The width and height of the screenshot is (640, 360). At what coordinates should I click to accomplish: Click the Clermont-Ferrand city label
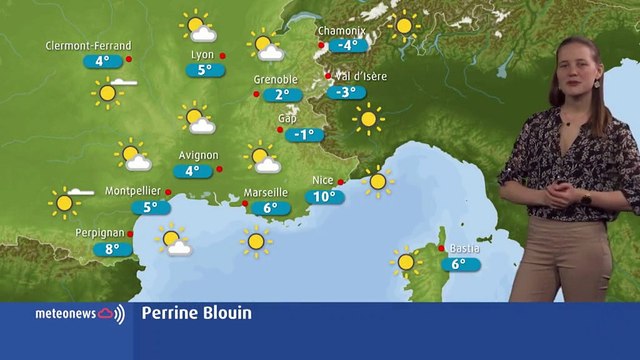coord(89,46)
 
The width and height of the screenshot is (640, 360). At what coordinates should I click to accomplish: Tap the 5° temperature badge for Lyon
coord(205,70)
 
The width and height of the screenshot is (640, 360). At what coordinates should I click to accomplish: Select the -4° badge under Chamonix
coord(348,45)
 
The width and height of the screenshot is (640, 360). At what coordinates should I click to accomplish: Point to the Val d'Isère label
coord(361,76)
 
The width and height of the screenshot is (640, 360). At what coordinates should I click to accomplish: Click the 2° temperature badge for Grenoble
coord(282,95)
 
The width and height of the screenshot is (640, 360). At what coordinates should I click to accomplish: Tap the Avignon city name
coord(198,156)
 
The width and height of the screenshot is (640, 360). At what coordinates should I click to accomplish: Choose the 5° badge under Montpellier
coord(151,207)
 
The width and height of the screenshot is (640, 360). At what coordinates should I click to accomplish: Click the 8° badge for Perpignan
coord(112,249)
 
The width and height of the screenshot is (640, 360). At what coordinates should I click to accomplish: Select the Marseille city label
coord(266,192)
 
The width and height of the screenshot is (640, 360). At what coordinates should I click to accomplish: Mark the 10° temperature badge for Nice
coord(324,197)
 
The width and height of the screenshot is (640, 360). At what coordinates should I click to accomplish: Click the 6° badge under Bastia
coord(460,265)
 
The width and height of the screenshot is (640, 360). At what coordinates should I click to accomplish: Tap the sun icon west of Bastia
coord(405,262)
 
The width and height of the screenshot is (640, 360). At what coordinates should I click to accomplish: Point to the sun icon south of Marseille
coord(257,240)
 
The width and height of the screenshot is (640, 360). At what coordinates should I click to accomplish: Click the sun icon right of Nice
coord(377,181)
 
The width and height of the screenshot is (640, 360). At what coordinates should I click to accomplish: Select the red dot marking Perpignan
coord(131,234)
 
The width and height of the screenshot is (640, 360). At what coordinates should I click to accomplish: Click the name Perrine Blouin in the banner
coord(196,314)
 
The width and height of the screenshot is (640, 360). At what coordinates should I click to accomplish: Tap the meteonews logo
coord(80,314)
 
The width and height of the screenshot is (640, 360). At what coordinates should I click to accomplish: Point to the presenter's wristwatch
coord(585,198)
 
